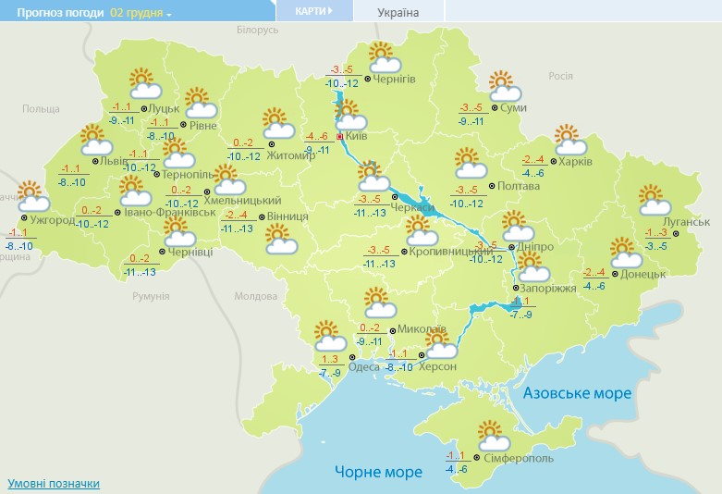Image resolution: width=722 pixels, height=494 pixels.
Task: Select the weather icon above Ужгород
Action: pyautogui.click(x=32, y=196)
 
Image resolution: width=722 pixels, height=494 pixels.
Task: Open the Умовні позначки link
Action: pyautogui.click(x=53, y=484)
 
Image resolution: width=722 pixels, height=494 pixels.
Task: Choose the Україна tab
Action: pyautogui.click(x=398, y=13)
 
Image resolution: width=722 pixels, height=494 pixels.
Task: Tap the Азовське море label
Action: pyautogui.click(x=577, y=393)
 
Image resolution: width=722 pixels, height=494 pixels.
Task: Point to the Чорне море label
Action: pyautogui.click(x=378, y=472)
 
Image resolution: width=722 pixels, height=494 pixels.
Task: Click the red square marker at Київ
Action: pyautogui.click(x=339, y=137)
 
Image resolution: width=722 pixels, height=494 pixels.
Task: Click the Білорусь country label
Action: pyautogui.click(x=257, y=31)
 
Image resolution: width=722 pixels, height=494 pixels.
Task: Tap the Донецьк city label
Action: pyautogui.click(x=642, y=274)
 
